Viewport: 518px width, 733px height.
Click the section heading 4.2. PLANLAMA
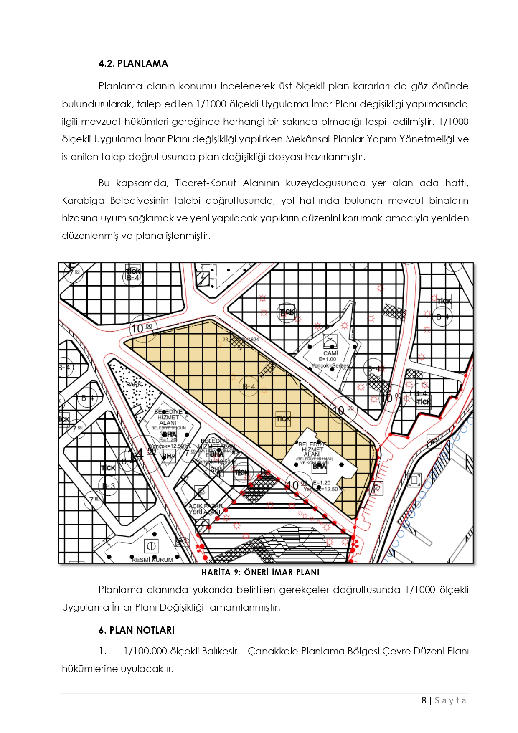[133, 63]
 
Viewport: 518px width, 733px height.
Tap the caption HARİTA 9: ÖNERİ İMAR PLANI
[260, 572]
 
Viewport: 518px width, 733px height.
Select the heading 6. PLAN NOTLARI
[137, 630]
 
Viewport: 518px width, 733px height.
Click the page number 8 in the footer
[424, 700]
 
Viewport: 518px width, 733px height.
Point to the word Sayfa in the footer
[450, 700]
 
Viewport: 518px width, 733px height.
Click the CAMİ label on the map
[330, 353]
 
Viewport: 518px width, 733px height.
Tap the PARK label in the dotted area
[134, 384]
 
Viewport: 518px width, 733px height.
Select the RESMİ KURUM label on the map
[152, 560]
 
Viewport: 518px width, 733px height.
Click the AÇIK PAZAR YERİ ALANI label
[205, 509]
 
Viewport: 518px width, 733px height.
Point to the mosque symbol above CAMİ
[330, 340]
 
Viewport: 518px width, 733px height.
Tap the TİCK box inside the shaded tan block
[283, 418]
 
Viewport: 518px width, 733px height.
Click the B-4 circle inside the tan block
[249, 386]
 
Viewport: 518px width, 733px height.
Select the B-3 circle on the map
[108, 486]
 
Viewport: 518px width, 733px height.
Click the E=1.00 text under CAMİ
[328, 359]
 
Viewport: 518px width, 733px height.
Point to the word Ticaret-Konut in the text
[206, 183]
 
